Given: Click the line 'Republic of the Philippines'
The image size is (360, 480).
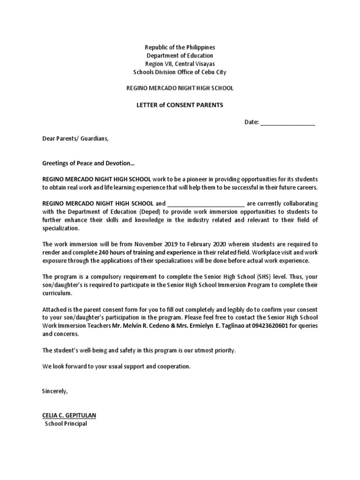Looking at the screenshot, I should pos(180,48).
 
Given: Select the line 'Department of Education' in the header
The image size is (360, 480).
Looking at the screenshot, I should pos(180,56).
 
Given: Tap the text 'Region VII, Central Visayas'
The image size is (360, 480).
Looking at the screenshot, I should pos(180,64).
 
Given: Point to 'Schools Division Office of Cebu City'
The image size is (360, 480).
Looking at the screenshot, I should pos(180,72).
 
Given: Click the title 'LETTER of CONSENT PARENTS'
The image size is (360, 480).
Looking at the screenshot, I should pos(180,105).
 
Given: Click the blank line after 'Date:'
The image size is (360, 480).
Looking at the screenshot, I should pos(287,122).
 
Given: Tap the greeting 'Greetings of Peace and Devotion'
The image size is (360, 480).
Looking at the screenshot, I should pos(88,164).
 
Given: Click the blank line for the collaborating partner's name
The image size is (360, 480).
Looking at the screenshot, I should pos(205,204).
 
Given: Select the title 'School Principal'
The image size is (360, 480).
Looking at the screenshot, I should pos(66,424).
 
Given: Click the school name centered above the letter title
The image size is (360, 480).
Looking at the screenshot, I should pos(180,88).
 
